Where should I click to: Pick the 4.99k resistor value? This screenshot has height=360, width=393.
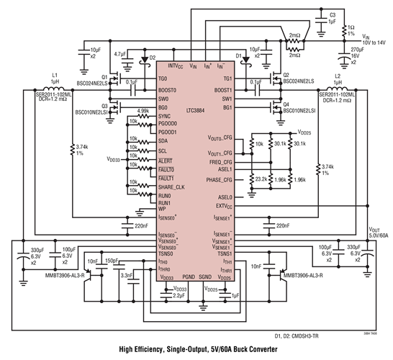(143, 110)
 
